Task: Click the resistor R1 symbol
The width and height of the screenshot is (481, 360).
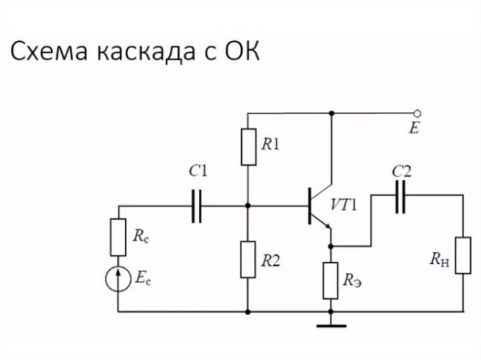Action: click(x=249, y=146)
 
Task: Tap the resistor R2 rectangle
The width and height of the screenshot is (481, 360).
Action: click(x=248, y=259)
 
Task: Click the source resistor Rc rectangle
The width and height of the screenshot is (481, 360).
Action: click(x=118, y=237)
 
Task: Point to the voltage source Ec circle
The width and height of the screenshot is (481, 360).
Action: click(x=118, y=280)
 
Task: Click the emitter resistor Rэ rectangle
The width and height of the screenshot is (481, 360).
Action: click(x=331, y=280)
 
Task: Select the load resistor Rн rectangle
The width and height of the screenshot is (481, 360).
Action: click(x=463, y=255)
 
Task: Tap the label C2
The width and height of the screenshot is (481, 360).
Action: click(x=401, y=173)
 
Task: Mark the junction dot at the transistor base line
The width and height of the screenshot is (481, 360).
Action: click(x=248, y=206)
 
